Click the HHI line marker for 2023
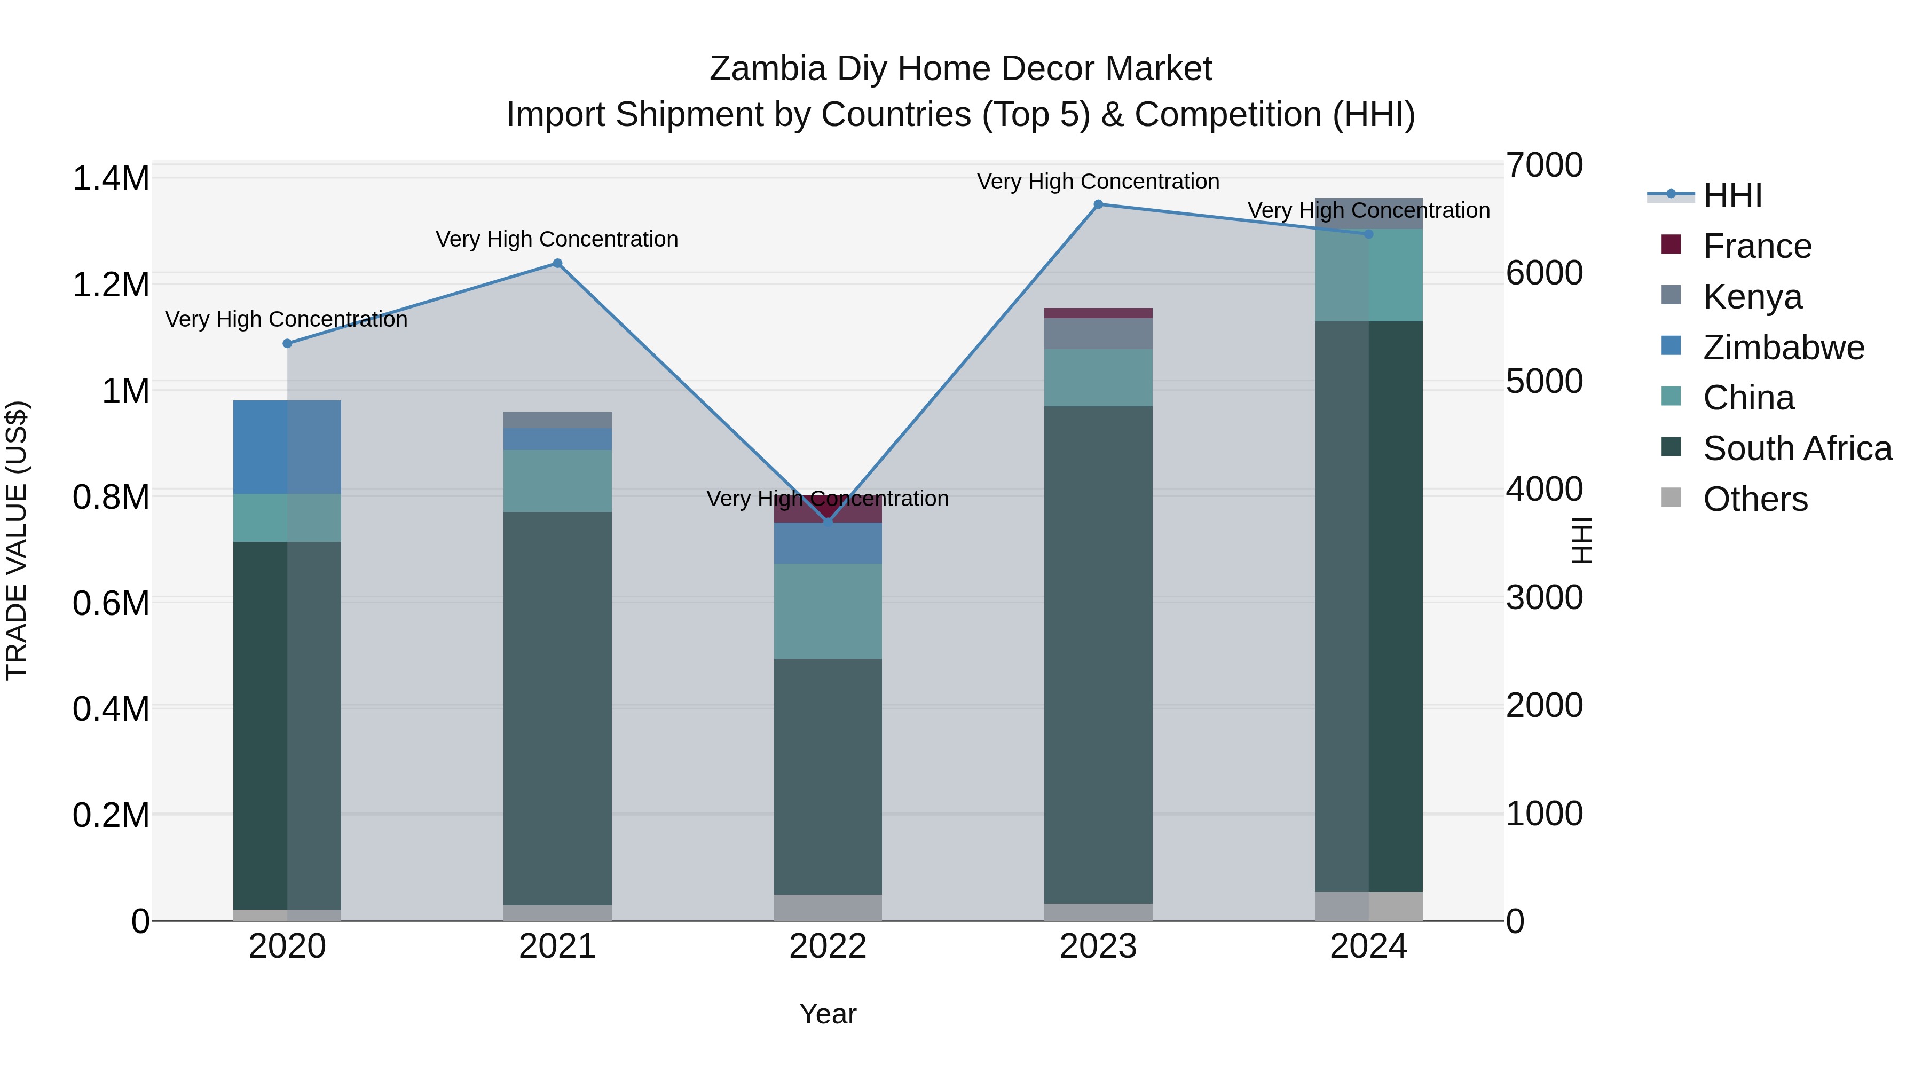coord(1098,204)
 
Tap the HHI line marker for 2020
coord(287,343)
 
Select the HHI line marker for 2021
coord(557,263)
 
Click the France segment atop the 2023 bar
coord(1098,313)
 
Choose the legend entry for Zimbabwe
coord(1783,348)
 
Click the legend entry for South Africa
coord(1797,448)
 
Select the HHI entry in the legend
coord(1732,195)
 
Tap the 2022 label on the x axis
coord(828,946)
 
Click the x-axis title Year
coord(828,1014)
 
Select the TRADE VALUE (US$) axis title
coord(17,540)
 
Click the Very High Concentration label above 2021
coord(557,240)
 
